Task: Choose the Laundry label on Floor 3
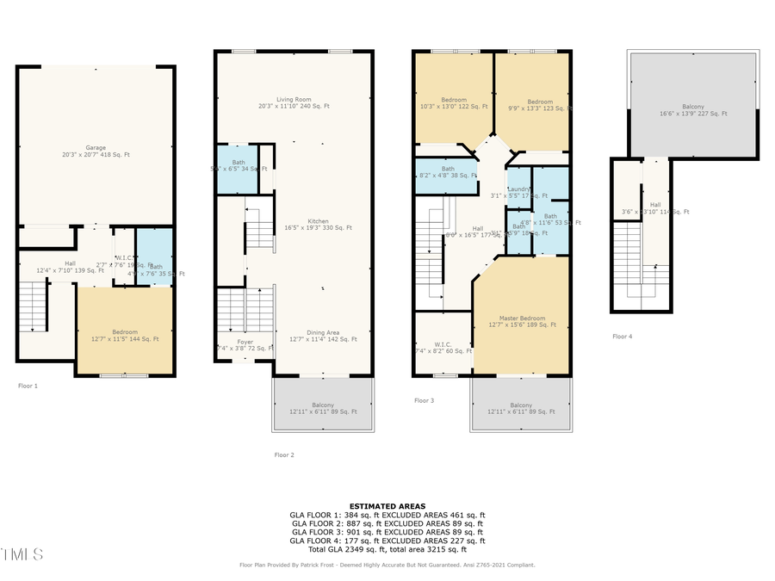(x=518, y=191)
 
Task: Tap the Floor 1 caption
(x=28, y=386)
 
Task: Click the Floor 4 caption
(x=622, y=337)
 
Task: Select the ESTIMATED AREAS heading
(x=387, y=506)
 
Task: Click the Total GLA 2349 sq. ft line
(x=387, y=548)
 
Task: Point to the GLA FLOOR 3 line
(x=387, y=531)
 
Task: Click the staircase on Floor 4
(x=628, y=267)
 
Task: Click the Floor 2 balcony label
(x=323, y=408)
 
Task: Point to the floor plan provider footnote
(x=387, y=566)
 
